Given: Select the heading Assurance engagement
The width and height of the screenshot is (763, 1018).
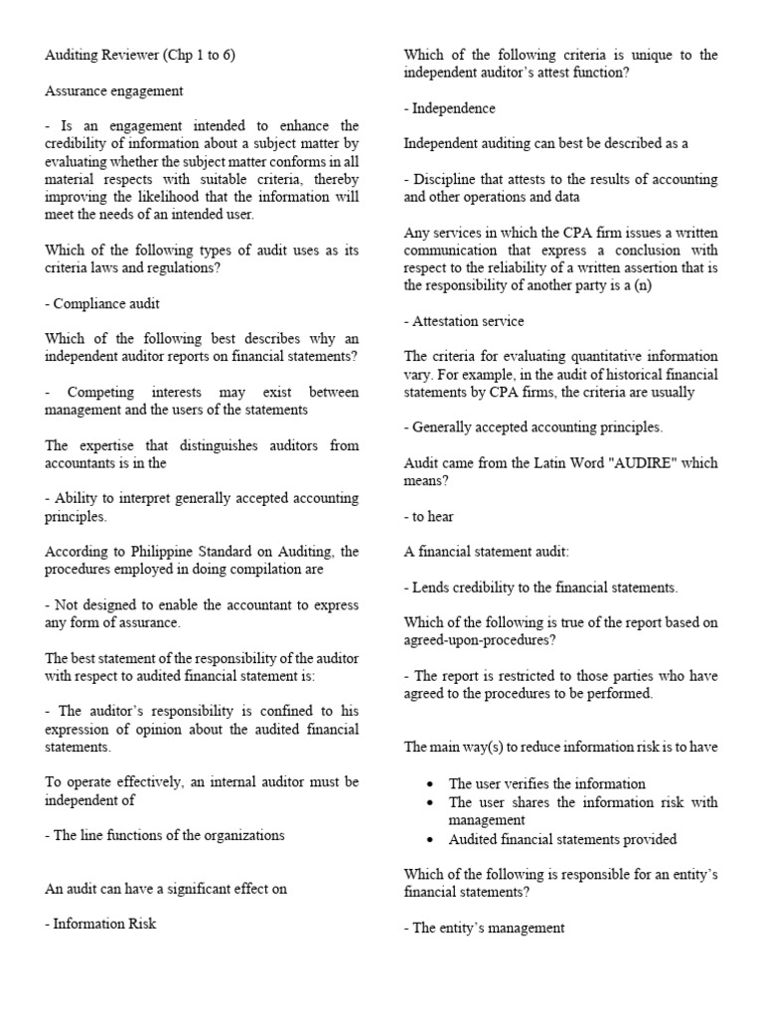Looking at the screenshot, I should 114,90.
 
